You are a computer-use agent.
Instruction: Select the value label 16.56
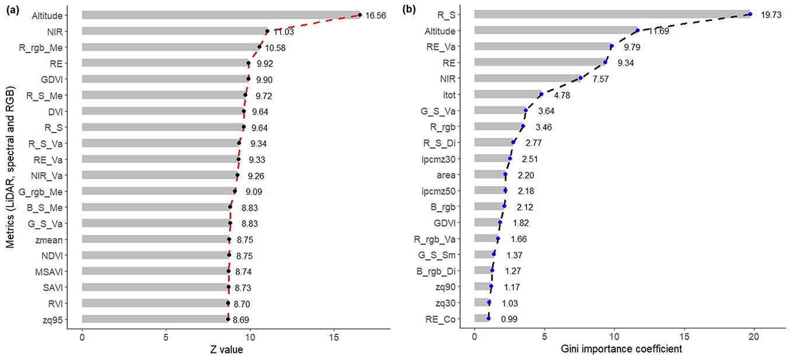[377, 16]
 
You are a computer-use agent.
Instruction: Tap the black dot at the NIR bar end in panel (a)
[267, 31]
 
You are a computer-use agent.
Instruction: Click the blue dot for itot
[541, 95]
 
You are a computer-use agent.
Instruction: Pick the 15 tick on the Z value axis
[334, 337]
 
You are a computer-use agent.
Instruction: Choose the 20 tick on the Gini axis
[754, 337]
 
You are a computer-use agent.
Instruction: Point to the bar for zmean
[155, 239]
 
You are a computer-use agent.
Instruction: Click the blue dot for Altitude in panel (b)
[637, 30]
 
